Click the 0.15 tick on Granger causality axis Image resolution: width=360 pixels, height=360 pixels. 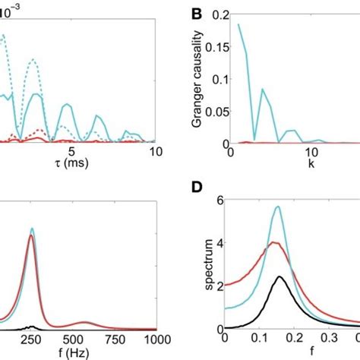click(x=216, y=47)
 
